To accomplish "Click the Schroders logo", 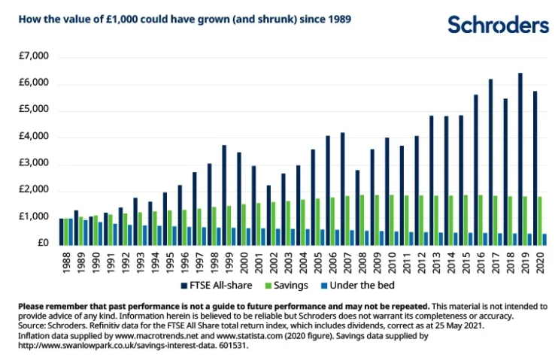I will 498,26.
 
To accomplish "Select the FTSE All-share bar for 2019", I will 520,159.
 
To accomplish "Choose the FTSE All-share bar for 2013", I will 431,180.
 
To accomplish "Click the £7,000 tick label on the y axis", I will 32,56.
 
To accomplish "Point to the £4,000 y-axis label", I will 32,137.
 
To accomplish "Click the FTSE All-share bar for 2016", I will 475,169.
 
